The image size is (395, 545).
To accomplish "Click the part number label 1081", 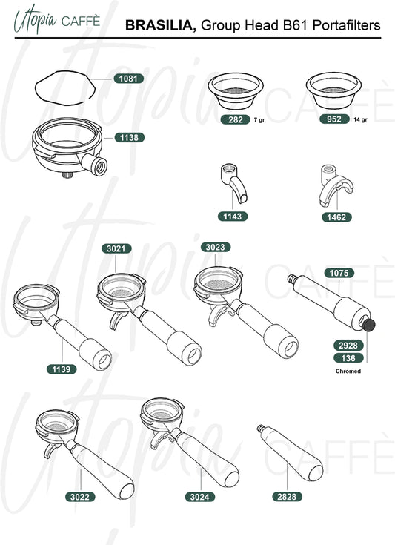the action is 128,79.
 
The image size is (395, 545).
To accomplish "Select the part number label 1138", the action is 129,138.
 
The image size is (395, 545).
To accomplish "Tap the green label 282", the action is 236,119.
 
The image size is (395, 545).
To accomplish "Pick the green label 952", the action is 334,119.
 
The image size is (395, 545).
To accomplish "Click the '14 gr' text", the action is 360,119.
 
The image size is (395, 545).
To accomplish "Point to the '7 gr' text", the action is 259,120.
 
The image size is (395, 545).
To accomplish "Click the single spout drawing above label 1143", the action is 233,183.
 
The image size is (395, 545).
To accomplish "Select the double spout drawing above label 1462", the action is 335,186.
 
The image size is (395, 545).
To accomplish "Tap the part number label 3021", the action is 116,248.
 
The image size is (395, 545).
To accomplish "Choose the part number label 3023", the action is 216,247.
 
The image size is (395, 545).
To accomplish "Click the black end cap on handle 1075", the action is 369,325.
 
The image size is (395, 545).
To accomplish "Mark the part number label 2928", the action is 348,346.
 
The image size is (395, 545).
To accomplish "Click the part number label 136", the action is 348,358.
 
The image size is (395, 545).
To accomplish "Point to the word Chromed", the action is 348,371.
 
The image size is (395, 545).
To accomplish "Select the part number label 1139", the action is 62,369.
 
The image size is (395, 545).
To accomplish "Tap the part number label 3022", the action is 80,497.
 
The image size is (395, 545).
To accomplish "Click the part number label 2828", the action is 287,497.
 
